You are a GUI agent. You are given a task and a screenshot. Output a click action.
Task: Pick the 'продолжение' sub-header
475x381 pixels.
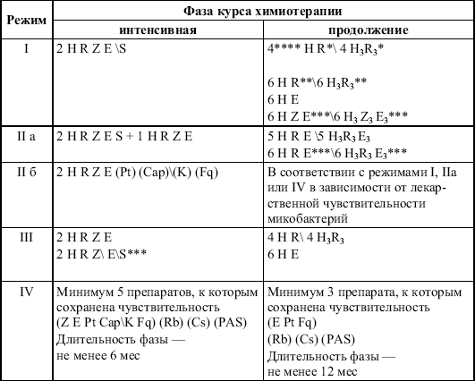369,29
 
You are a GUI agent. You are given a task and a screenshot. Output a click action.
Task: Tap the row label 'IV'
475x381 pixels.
25,292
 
